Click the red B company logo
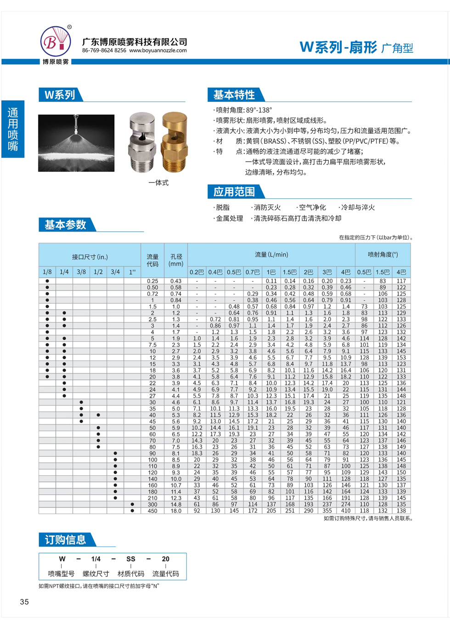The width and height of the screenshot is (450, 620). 56,42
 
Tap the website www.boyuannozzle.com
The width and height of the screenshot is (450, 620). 158,51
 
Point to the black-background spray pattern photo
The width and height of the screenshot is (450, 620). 76,143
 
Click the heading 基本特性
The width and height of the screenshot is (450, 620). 234,95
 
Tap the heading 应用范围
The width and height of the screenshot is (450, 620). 234,192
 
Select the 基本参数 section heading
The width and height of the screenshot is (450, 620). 65,225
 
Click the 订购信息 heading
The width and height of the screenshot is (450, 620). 65,540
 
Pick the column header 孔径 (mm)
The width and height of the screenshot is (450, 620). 176,260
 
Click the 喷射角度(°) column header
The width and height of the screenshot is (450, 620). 383,254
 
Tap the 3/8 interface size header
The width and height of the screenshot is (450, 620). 81,272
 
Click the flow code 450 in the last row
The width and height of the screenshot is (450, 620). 152,511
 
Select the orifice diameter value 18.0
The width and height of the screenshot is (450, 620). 176,511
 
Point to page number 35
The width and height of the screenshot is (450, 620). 24,602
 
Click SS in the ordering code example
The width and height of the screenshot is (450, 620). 131,559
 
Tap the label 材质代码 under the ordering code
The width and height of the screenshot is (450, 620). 131,574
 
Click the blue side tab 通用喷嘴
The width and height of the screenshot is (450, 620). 13,129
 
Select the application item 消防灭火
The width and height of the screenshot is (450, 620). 267,208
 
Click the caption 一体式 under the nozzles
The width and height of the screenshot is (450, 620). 158,183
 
